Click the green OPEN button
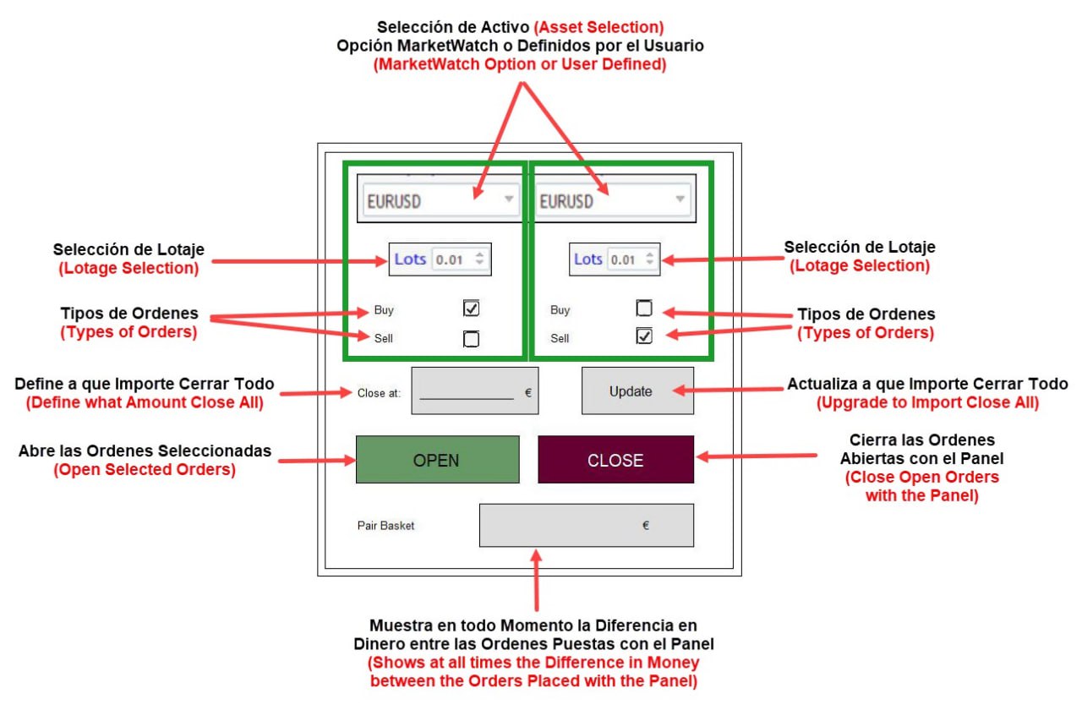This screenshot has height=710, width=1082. tap(437, 460)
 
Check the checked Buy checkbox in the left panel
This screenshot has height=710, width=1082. tap(472, 309)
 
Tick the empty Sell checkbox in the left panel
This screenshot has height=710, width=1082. tap(472, 339)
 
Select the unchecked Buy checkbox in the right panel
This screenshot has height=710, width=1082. tap(644, 309)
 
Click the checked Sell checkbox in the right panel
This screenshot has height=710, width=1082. tap(644, 336)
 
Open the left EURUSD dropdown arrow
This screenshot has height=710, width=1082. tap(508, 199)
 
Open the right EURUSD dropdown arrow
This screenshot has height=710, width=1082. tap(680, 199)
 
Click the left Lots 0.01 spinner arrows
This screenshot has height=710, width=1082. tap(479, 259)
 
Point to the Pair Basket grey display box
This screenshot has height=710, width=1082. tap(586, 526)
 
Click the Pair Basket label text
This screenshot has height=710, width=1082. tap(386, 526)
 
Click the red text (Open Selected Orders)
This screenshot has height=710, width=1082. tap(145, 470)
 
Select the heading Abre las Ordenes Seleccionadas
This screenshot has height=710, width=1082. tap(145, 451)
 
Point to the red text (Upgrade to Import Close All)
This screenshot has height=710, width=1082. tap(927, 402)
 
